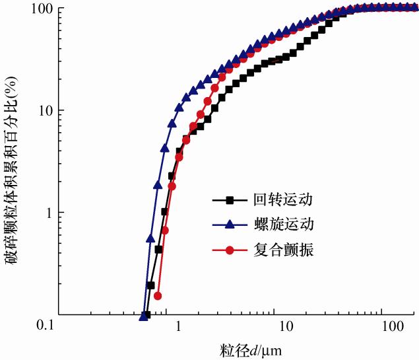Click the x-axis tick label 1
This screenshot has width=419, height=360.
click(177, 327)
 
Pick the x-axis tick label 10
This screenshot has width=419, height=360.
click(286, 327)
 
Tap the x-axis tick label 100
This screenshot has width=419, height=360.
click(393, 327)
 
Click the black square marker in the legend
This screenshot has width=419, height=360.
click(230, 199)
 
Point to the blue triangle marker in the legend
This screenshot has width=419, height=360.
click(230, 225)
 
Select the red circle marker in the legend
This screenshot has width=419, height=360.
click(230, 251)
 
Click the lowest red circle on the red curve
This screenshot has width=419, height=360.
click(157, 296)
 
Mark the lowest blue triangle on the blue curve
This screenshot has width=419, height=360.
click(143, 316)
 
